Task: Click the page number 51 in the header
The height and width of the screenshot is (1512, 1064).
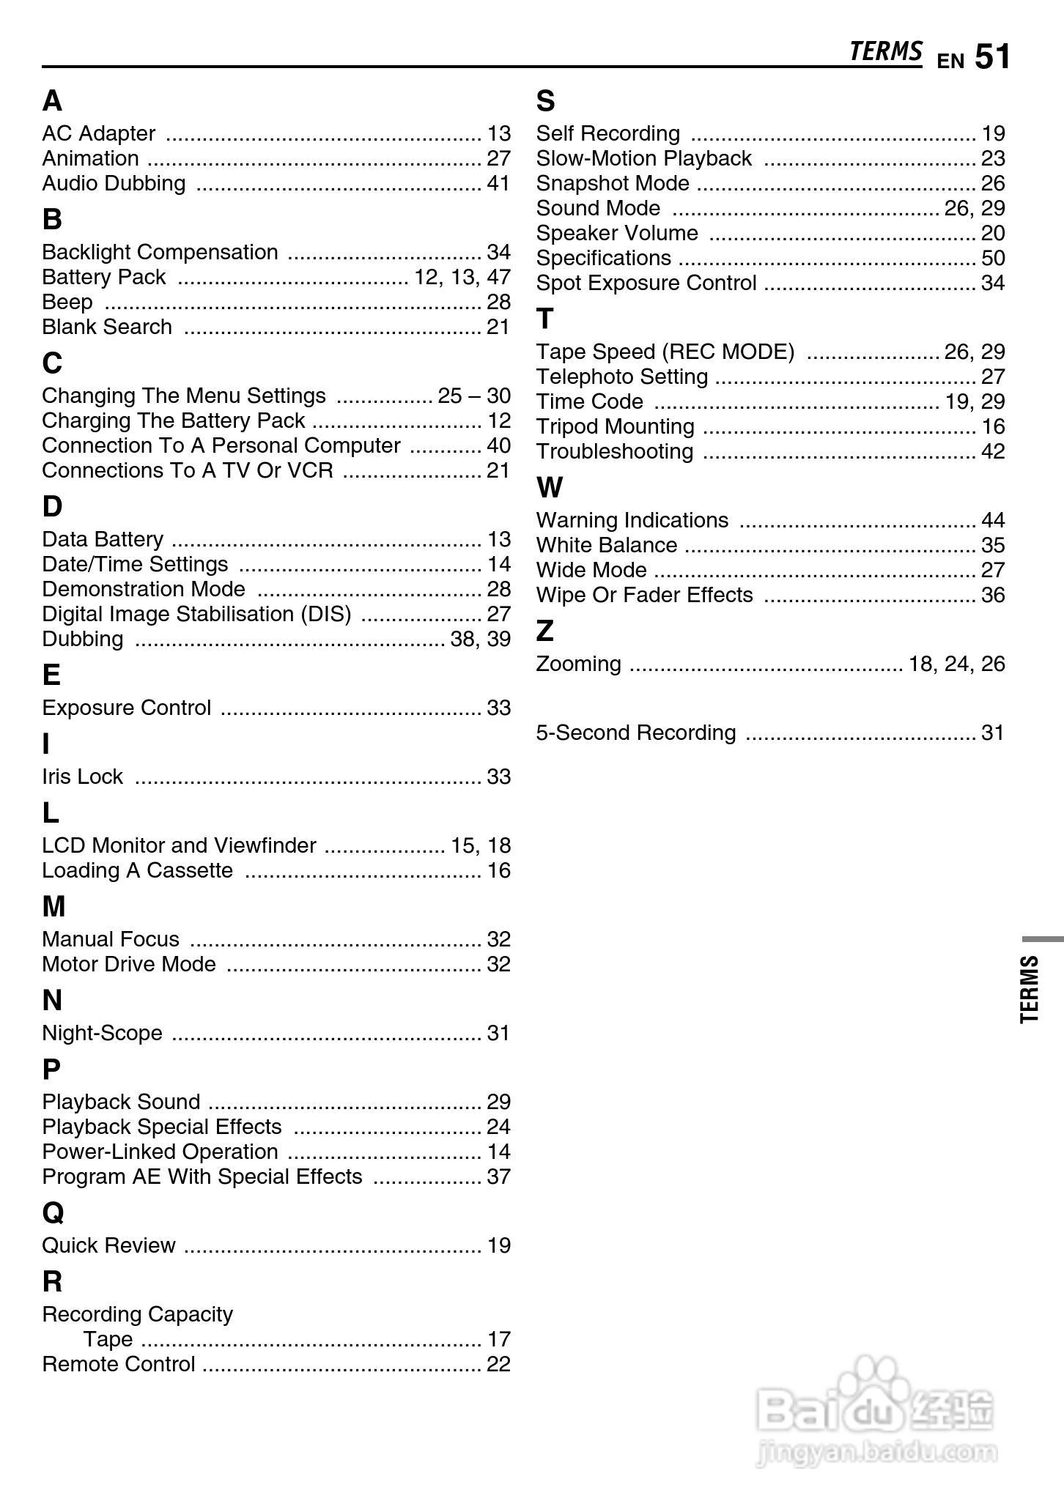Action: tap(992, 56)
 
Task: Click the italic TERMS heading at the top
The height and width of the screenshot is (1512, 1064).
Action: tap(885, 51)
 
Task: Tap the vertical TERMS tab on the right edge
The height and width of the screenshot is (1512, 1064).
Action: tap(1030, 988)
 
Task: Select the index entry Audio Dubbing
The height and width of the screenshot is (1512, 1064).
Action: tap(114, 183)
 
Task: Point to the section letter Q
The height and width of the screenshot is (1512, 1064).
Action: tap(53, 1212)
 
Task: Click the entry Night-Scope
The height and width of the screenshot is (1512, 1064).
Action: tap(102, 1033)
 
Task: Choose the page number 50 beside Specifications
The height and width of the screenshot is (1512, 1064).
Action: tap(993, 258)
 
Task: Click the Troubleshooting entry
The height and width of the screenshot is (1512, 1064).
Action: tap(614, 451)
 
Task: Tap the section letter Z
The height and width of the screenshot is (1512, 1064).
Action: tap(545, 631)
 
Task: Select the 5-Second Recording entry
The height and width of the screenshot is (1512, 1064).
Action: tap(635, 733)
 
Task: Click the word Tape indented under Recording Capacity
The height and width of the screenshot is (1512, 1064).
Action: tap(108, 1339)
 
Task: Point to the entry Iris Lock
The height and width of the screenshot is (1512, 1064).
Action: tap(82, 777)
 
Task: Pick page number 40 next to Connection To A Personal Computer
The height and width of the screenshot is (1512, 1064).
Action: tap(498, 445)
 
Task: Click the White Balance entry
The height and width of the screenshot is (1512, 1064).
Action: tap(606, 545)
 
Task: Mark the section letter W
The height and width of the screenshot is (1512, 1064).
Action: tap(550, 487)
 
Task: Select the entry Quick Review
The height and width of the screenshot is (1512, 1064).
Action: tap(108, 1245)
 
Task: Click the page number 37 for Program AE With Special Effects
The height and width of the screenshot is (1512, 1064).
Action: tap(498, 1176)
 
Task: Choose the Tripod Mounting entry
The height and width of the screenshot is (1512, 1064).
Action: tap(615, 426)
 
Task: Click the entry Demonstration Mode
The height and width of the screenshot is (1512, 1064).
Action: tap(144, 589)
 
